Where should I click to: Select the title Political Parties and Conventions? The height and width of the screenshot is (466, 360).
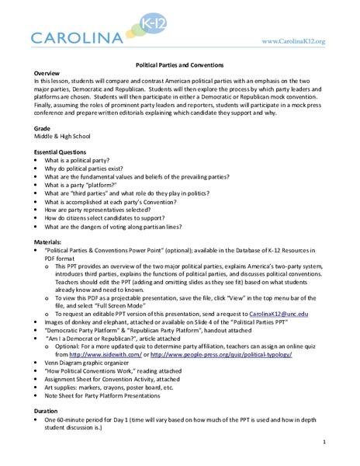pyautogui.click(x=180, y=65)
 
